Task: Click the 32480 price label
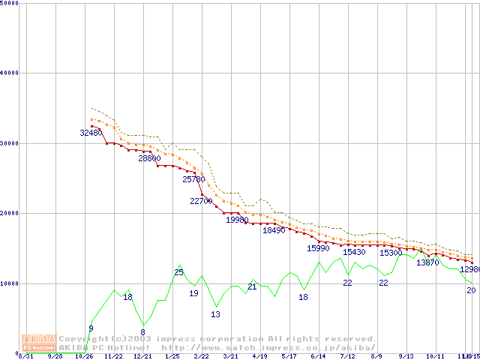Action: click(x=91, y=133)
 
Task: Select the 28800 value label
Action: click(x=149, y=158)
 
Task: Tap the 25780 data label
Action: click(x=193, y=179)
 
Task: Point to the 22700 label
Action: click(x=202, y=201)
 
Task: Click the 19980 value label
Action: click(x=237, y=220)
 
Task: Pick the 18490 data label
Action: click(x=274, y=230)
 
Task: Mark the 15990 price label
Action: click(x=318, y=248)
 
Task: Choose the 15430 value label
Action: click(x=354, y=252)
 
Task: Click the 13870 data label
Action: click(x=427, y=262)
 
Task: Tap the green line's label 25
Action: click(x=178, y=272)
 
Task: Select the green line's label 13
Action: click(x=215, y=314)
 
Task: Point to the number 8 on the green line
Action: click(x=142, y=332)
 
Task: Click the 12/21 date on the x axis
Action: click(x=142, y=356)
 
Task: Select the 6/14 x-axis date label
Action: click(x=318, y=356)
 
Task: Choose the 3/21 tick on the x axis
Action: click(x=230, y=356)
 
